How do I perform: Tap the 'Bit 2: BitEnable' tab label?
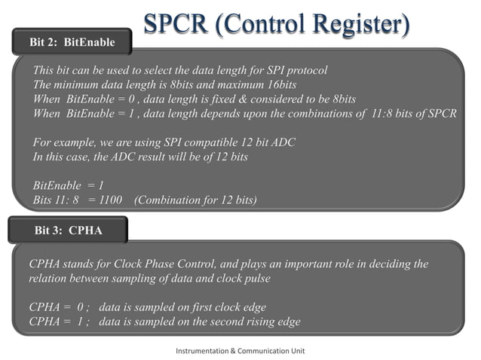(x=72, y=42)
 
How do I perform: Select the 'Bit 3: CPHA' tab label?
(x=69, y=230)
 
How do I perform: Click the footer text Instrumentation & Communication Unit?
(x=240, y=351)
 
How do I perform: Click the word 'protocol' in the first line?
(x=305, y=71)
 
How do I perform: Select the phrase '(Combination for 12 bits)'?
(x=195, y=200)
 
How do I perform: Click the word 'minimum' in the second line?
(x=81, y=85)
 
